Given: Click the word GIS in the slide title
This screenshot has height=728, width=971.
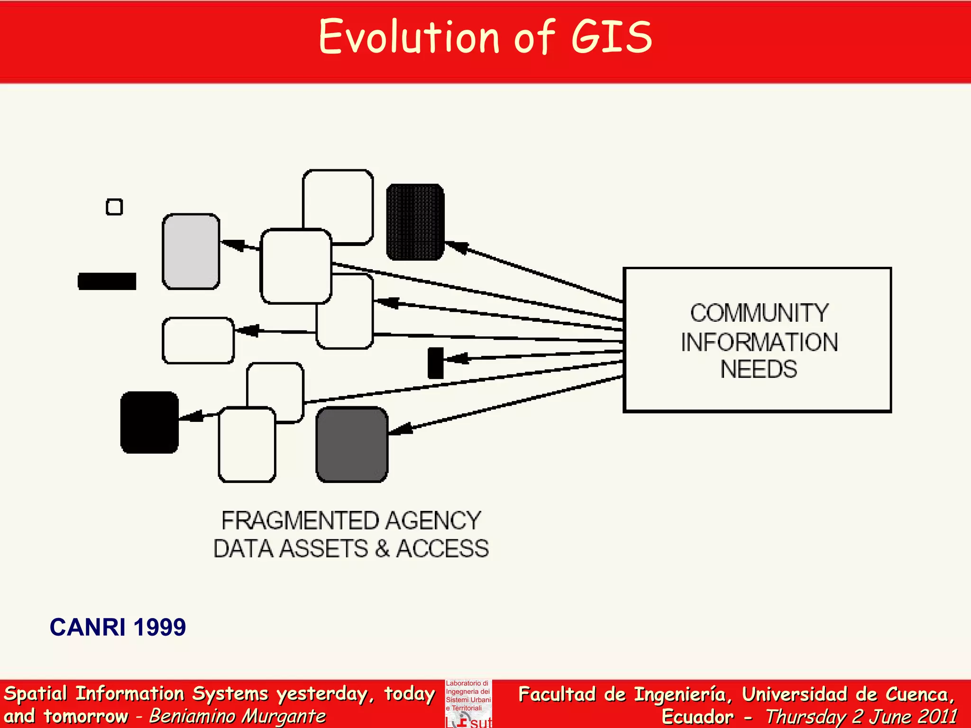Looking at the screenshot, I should pos(612,37).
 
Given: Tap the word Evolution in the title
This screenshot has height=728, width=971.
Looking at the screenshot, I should pos(409,37).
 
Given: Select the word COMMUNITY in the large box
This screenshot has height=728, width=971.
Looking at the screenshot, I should pos(759,313).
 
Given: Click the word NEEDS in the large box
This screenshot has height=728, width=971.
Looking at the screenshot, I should pos(759,369).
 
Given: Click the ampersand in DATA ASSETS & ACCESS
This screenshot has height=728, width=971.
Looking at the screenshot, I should pos(382,549).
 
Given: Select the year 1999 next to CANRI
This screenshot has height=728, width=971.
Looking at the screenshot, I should pos(160,627).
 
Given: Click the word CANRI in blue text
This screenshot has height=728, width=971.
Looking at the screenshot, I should pos(88,627).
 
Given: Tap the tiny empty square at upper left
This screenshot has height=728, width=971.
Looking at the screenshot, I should pos(114,207).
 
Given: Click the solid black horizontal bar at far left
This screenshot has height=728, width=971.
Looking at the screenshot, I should pos(107,281).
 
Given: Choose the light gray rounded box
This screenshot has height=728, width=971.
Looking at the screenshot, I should pos(191,251).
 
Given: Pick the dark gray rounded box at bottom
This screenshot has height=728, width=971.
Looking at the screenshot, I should pos(352,445).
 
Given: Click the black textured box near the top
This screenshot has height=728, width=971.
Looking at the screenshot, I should pos(415,222).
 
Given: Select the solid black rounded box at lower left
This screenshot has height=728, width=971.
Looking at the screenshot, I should pos(150,422).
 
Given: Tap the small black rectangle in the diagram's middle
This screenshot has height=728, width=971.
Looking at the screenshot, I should pos(435,363).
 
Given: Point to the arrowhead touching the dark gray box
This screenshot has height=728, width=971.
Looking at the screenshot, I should pos(400,429).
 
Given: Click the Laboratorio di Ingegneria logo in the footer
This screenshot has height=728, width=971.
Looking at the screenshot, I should pos(468,703).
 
